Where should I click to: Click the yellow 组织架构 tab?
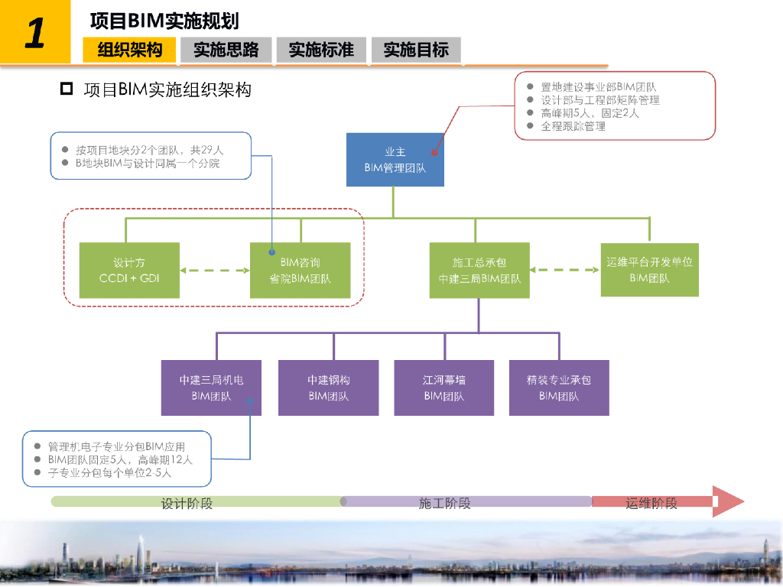click(x=129, y=50)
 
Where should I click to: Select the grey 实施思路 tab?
click(x=226, y=50)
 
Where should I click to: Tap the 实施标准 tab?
click(x=321, y=50)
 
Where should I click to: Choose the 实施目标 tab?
click(x=416, y=50)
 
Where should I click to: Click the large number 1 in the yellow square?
click(x=35, y=33)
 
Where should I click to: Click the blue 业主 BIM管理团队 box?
click(x=395, y=160)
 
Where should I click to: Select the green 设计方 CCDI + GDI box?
click(x=129, y=271)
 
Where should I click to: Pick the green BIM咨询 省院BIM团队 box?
click(x=300, y=271)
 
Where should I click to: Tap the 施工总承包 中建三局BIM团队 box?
click(x=479, y=271)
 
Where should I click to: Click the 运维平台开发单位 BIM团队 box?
click(x=649, y=270)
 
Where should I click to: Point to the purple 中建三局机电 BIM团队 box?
click(x=211, y=388)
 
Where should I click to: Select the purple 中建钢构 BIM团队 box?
click(x=329, y=388)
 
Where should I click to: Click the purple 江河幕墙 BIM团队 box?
click(x=444, y=388)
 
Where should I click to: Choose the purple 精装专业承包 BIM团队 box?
click(x=559, y=388)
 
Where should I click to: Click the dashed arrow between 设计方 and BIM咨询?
click(x=215, y=271)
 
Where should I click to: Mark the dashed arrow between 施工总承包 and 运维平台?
click(x=564, y=270)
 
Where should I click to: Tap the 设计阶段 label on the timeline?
click(x=187, y=503)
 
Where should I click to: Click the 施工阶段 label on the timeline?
click(x=444, y=503)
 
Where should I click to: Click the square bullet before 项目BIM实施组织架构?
click(x=67, y=89)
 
